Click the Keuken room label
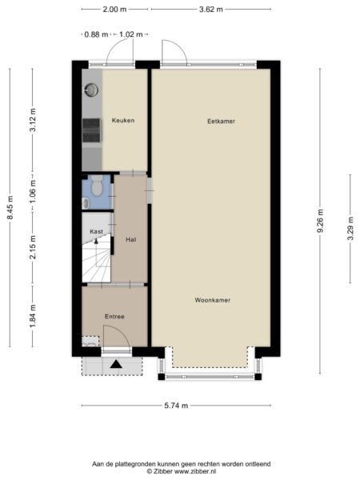coord(123,120)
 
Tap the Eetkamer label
coord(221,122)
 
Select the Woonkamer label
coord(213,300)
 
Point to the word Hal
coord(131,239)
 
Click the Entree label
coord(114,317)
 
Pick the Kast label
coord(96,232)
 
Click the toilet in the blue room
coord(97,186)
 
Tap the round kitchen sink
coord(91,90)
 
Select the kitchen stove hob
coord(91,130)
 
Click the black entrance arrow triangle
coord(116,364)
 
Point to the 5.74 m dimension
coord(176,406)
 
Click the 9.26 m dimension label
coord(320,221)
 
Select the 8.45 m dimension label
coord(10,207)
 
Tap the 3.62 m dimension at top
coord(211,10)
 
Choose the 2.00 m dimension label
coord(114,10)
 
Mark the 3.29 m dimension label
coord(350,228)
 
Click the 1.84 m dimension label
coord(33,316)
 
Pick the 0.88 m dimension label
coord(96,34)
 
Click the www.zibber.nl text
coord(195,471)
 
